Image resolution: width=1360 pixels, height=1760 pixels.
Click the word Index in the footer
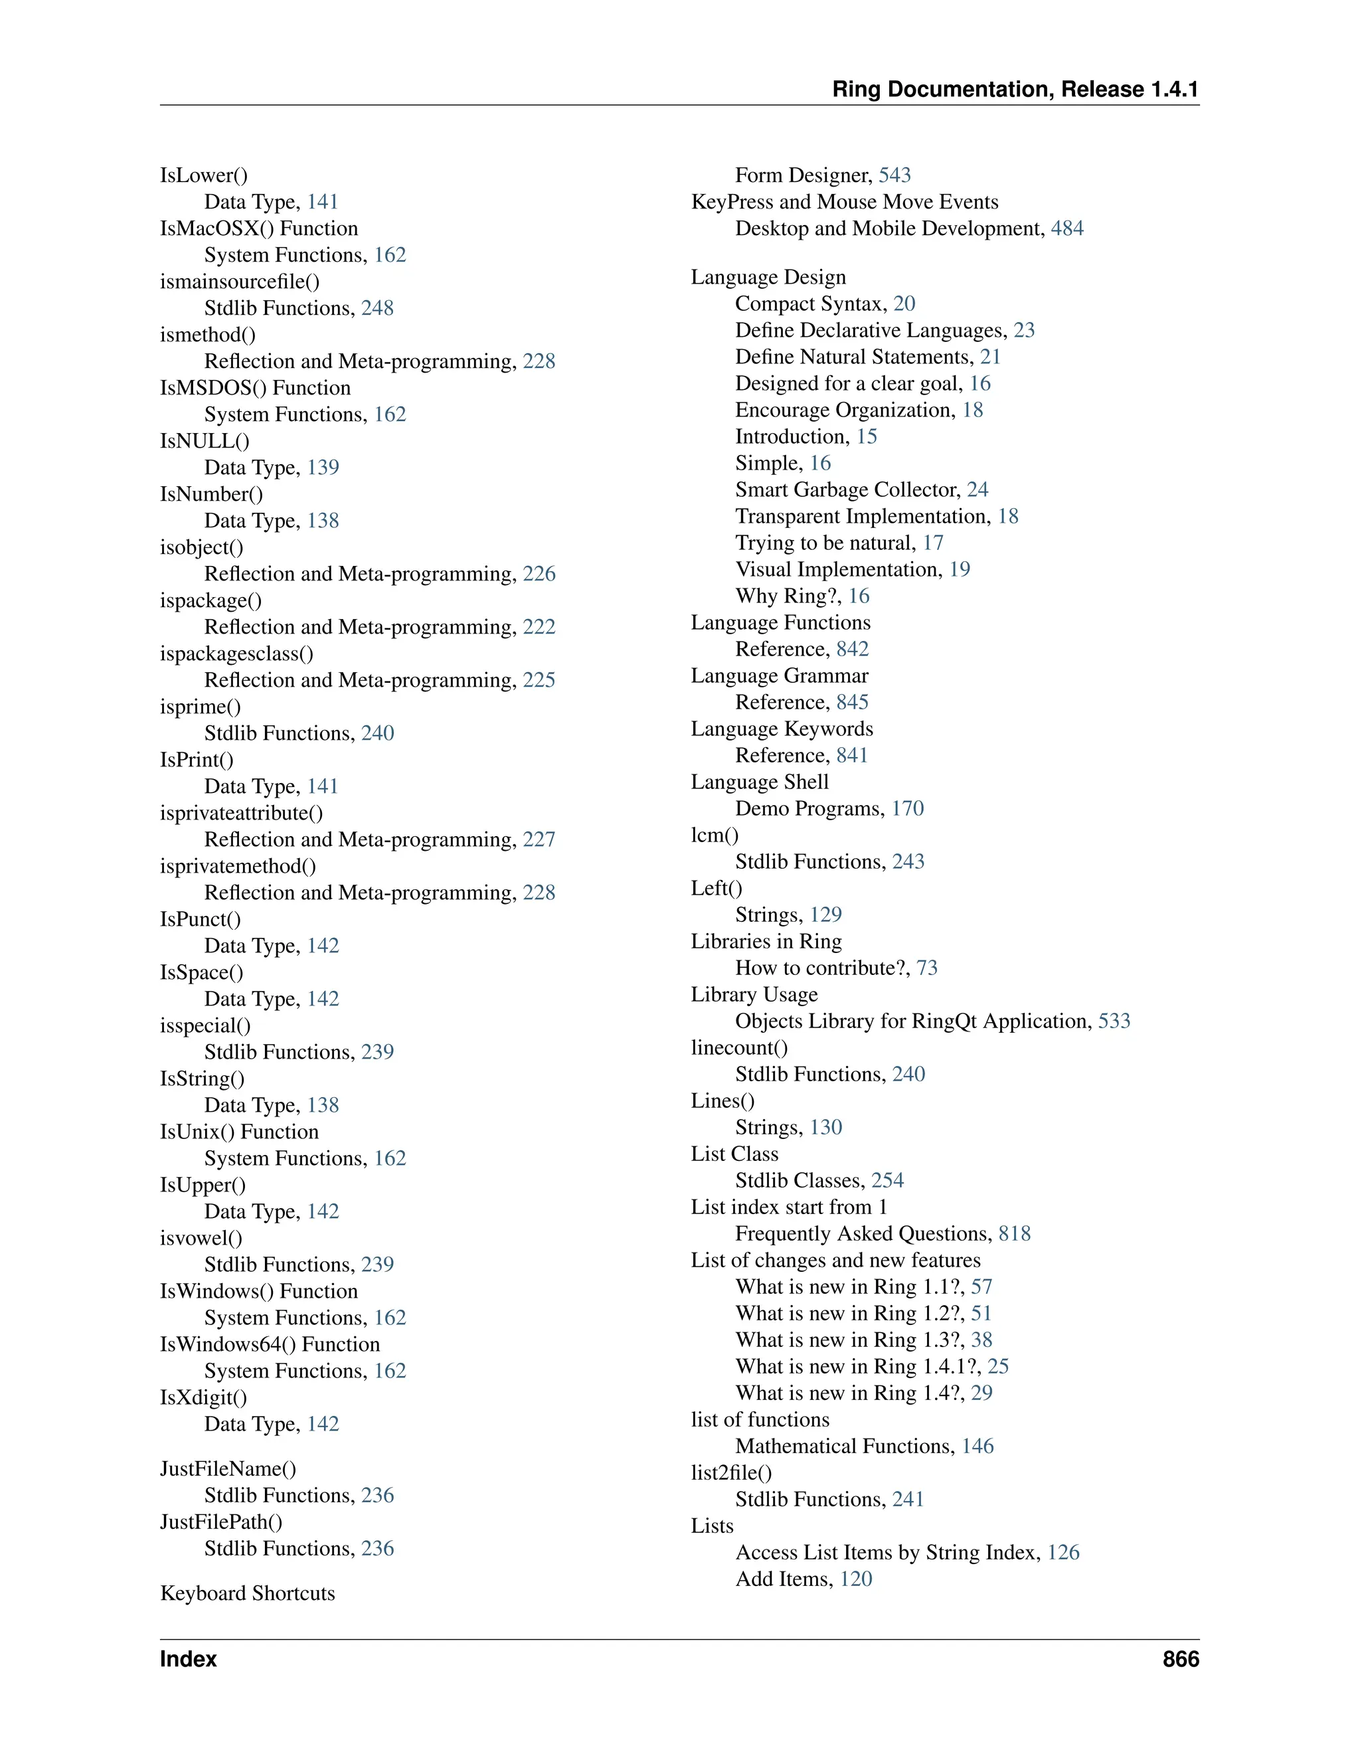189,1658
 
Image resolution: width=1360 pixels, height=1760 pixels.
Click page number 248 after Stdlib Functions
377,308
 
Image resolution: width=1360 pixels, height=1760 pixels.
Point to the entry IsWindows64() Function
270,1344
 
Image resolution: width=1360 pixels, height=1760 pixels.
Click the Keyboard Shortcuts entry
247,1593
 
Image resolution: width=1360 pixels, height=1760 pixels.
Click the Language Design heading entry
768,277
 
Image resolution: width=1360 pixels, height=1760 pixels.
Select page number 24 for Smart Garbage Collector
977,489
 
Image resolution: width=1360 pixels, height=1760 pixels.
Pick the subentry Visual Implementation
838,569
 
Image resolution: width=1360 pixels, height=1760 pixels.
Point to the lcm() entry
715,835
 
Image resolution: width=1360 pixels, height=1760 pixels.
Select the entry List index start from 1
789,1207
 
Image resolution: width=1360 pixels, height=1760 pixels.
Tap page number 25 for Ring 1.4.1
998,1366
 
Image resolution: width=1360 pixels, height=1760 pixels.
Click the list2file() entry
730,1472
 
